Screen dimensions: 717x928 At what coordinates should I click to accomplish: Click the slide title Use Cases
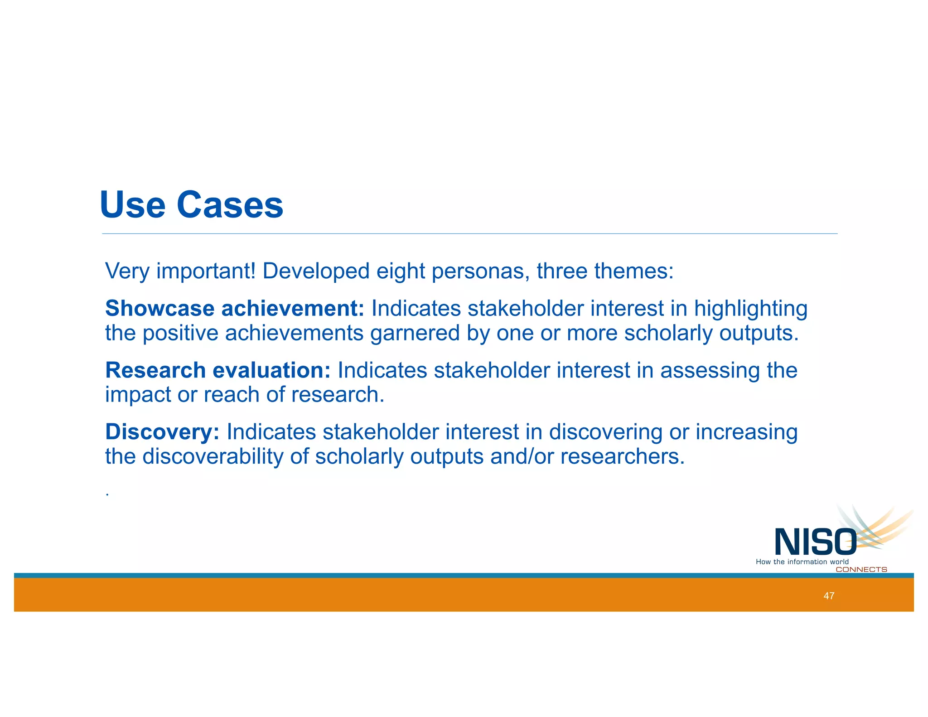click(x=192, y=205)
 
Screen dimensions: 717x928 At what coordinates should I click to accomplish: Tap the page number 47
click(x=829, y=596)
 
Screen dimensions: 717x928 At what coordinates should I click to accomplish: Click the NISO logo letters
click(x=815, y=543)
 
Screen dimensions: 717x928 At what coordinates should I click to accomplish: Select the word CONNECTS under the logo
click(x=861, y=570)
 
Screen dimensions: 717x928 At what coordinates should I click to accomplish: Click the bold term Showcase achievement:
click(x=235, y=309)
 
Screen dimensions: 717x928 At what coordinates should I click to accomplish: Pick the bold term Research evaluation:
click(x=218, y=370)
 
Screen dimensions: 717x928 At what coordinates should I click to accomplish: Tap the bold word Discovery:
click(x=162, y=432)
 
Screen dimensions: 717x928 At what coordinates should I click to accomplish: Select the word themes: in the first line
click(x=634, y=271)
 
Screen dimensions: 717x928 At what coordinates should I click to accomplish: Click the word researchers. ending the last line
click(x=622, y=456)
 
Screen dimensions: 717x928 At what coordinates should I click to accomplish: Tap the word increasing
click(x=746, y=432)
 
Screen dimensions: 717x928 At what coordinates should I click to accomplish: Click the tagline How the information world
click(x=802, y=562)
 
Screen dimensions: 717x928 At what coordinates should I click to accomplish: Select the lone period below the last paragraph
click(x=107, y=494)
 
